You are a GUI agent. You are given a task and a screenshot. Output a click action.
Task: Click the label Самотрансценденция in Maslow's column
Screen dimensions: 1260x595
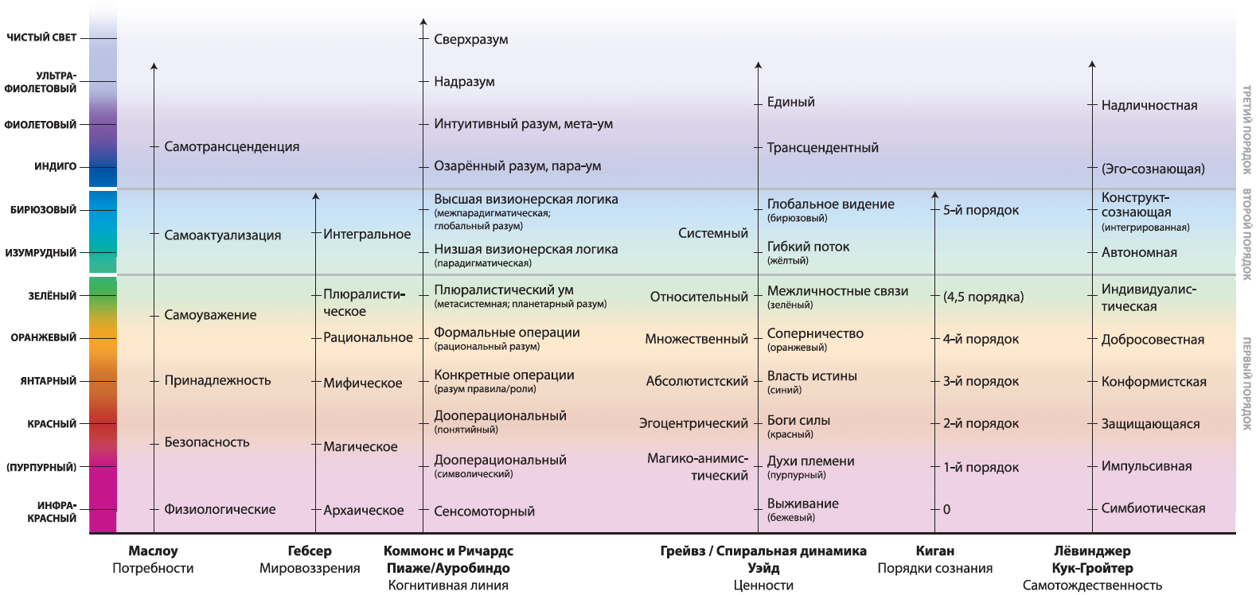(232, 147)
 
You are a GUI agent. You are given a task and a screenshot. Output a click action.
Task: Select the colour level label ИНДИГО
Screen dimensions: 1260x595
(56, 166)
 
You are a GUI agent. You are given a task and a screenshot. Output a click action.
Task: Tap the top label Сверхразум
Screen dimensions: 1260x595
(471, 40)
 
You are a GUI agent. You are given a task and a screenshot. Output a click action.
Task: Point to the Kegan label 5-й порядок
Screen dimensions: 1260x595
(981, 210)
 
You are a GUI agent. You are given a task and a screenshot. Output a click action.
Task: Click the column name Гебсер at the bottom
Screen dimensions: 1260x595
(310, 550)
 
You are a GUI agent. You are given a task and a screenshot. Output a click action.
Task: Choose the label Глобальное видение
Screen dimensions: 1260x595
(831, 204)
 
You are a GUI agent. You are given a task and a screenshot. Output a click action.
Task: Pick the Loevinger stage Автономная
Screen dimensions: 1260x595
(1139, 252)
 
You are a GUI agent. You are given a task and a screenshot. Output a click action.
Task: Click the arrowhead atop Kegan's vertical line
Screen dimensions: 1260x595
(935, 195)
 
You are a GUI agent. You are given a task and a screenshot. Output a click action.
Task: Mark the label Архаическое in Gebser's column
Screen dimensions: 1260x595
(364, 511)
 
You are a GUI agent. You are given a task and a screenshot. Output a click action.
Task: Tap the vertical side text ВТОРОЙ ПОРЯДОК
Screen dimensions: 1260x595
(1246, 234)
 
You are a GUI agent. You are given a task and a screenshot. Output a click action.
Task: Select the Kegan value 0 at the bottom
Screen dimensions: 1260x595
(946, 510)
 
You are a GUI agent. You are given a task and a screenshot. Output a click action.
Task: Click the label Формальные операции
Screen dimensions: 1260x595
(507, 332)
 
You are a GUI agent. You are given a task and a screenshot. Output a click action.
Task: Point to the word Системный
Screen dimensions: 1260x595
(712, 233)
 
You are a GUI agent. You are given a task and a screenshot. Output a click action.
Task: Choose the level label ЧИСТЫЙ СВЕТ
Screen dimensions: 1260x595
(41, 37)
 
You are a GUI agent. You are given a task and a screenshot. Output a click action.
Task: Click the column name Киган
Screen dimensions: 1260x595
(935, 550)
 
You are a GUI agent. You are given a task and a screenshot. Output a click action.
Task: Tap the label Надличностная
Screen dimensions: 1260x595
(1149, 106)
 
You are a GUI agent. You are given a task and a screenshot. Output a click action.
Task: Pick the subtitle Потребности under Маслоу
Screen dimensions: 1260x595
(153, 569)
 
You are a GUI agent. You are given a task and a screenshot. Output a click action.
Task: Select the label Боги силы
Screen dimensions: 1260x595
(799, 421)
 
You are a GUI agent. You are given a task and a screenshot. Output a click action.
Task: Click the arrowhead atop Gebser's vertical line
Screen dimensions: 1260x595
(315, 196)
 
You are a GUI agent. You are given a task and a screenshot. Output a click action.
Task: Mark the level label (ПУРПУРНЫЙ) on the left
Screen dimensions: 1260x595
(41, 468)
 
